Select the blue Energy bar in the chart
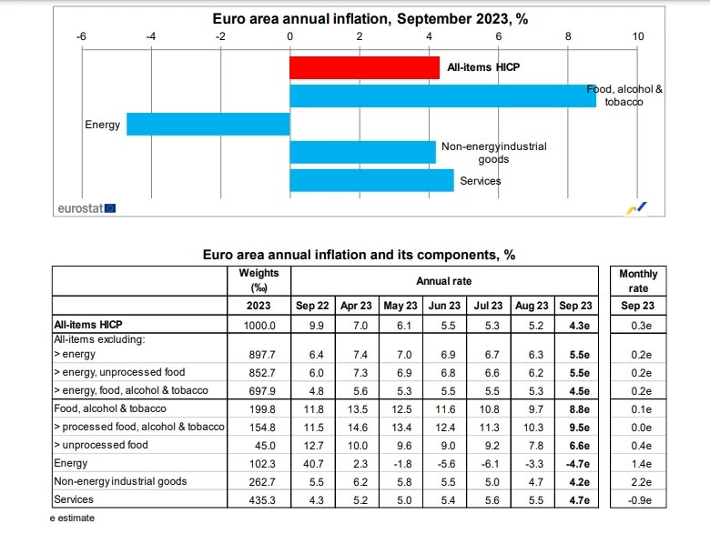[x=208, y=124]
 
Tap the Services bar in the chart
[x=371, y=180]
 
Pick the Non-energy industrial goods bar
[x=362, y=152]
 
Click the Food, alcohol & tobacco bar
[x=442, y=96]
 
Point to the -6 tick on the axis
[x=81, y=36]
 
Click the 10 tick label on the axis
[x=637, y=36]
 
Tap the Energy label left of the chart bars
[x=102, y=125]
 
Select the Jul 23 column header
[x=489, y=306]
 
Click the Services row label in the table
[x=75, y=499]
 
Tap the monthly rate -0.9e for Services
[x=638, y=499]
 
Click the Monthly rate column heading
[x=638, y=280]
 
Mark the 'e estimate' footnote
[x=72, y=519]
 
